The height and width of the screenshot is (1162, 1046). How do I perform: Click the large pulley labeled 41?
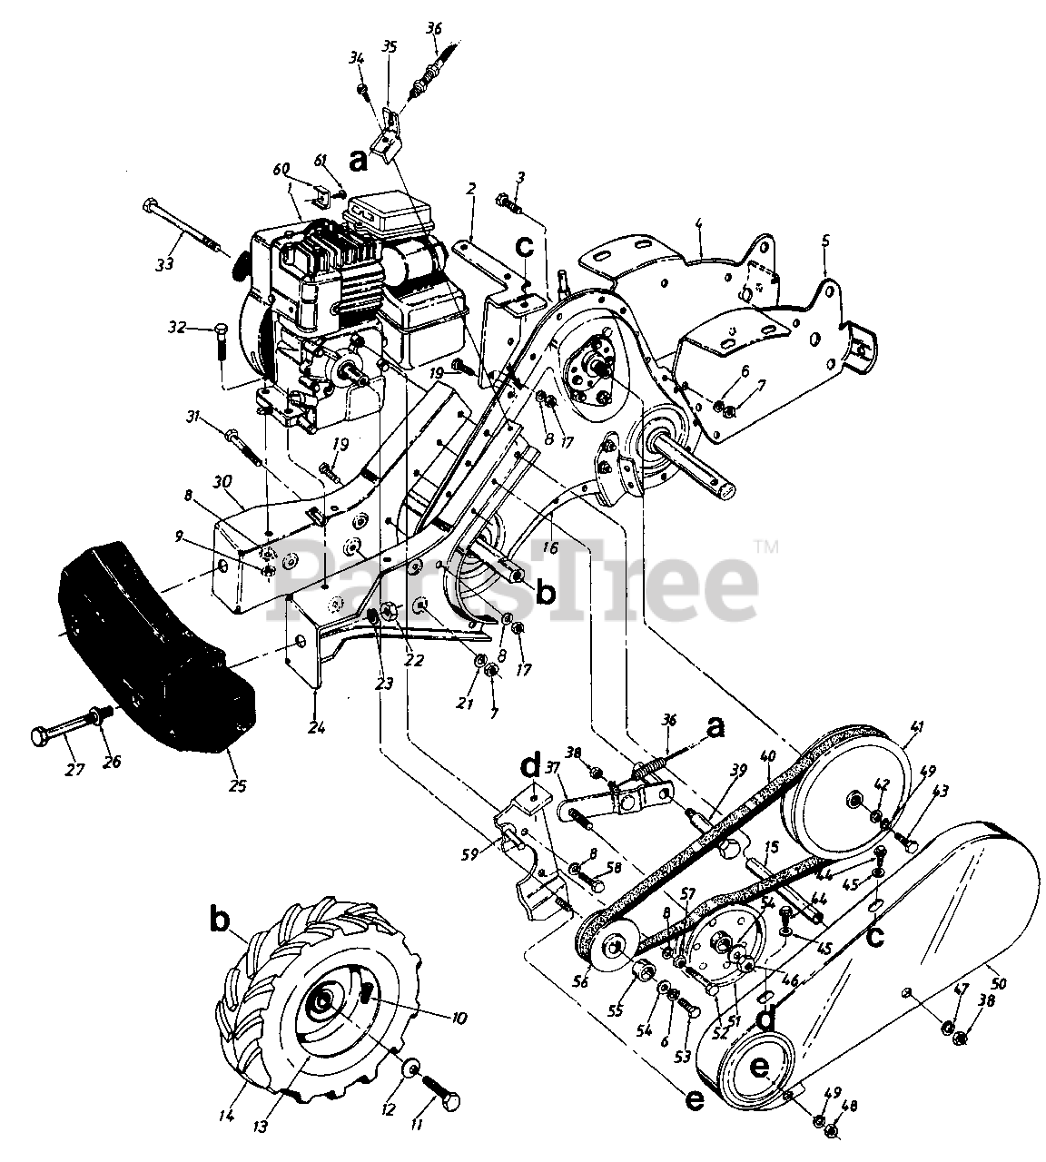coord(854,799)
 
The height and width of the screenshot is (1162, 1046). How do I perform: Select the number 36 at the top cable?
coord(433,29)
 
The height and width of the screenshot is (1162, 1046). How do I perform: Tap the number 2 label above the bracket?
coord(471,189)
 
